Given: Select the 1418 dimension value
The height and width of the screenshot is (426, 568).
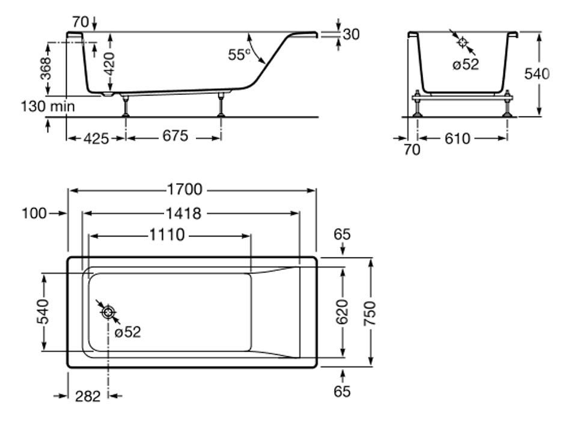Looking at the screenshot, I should point(182,213).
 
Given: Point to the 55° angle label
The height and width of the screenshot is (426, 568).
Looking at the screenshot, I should point(239,54).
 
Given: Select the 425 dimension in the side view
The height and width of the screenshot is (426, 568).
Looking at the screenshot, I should point(96,138).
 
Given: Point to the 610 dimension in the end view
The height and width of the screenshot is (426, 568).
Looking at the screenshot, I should point(457,139).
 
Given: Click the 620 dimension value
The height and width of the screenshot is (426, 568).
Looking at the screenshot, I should point(342,312).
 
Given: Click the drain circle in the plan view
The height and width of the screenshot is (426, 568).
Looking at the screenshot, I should point(109,312).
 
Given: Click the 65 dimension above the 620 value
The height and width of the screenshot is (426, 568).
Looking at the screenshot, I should point(341,234).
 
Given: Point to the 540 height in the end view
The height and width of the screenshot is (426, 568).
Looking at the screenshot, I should point(537,75).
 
